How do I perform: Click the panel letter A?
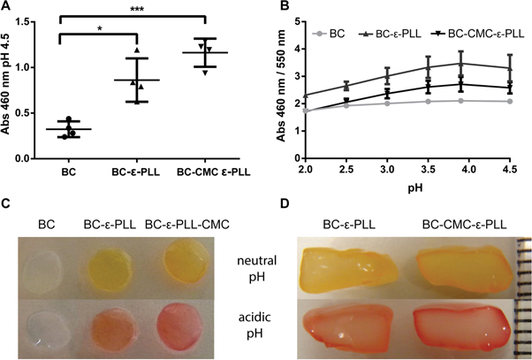coord(7,8)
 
